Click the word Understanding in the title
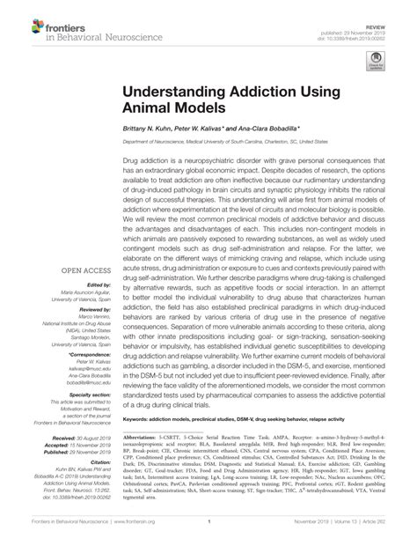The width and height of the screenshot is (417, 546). (180, 91)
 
